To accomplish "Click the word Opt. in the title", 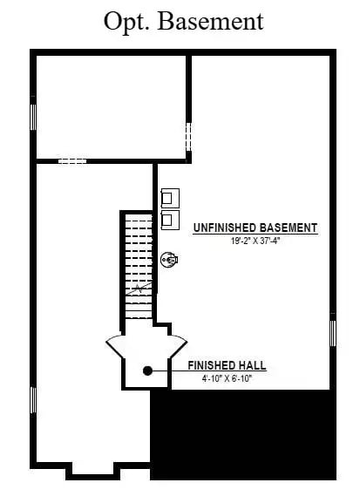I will (126, 21).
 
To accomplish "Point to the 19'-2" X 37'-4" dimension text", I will (255, 241).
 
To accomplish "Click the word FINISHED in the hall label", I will (214, 366).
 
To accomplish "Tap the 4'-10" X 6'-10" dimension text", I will (227, 378).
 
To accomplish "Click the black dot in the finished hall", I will (148, 370).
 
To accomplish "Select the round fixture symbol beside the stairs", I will (170, 258).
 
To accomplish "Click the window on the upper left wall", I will (33, 116).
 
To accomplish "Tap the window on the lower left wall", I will (33, 400).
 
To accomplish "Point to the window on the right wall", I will (333, 333).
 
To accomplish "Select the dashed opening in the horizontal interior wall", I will (72, 161).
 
